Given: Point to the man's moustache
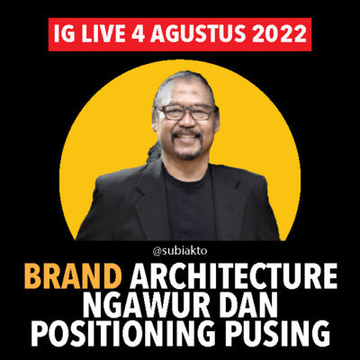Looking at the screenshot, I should click(187, 134).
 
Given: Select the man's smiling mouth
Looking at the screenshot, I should click(187, 140).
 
